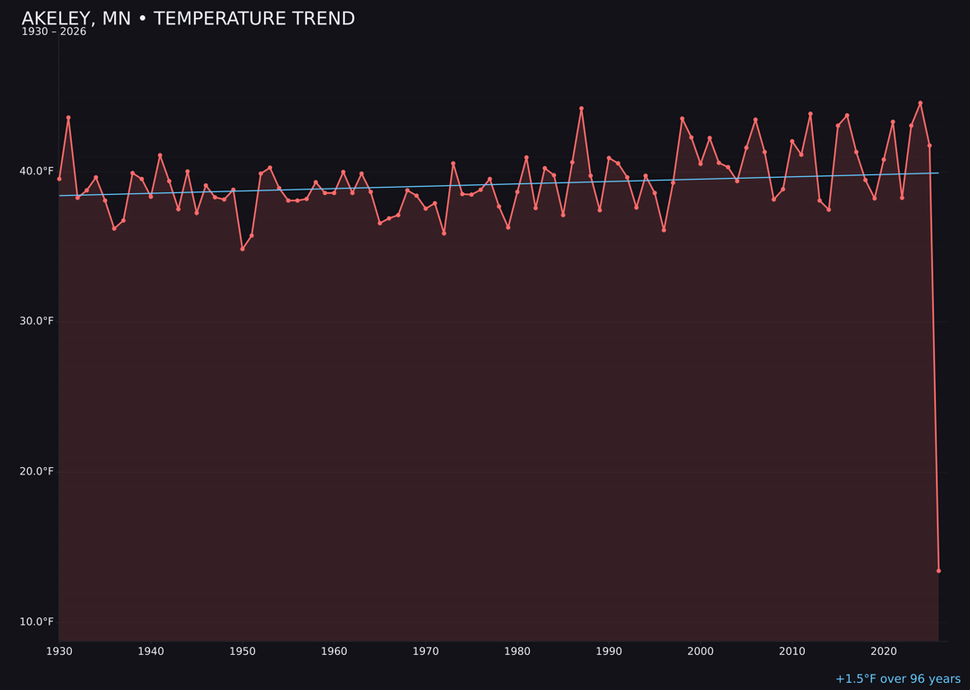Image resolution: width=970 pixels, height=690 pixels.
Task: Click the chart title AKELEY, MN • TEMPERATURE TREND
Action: pyautogui.click(x=188, y=19)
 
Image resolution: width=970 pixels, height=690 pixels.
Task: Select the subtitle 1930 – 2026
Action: pyautogui.click(x=54, y=32)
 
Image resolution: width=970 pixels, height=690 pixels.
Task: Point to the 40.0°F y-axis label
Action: pyautogui.click(x=37, y=172)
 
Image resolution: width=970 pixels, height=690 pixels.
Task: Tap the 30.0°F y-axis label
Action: pyautogui.click(x=37, y=322)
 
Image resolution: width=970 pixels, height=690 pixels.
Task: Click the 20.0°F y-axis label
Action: pyautogui.click(x=37, y=472)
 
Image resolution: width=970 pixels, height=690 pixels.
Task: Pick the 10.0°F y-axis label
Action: pyautogui.click(x=37, y=622)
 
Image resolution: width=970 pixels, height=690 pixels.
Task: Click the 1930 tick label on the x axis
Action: pyautogui.click(x=59, y=651)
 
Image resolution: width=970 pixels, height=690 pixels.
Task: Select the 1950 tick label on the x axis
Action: pyautogui.click(x=242, y=651)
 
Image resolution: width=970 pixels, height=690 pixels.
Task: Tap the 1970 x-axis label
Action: pyautogui.click(x=426, y=651)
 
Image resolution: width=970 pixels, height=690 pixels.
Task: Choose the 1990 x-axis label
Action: pyautogui.click(x=609, y=651)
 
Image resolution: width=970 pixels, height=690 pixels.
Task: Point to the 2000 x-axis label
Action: pyautogui.click(x=701, y=651)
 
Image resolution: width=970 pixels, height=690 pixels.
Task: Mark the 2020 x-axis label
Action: pyautogui.click(x=884, y=651)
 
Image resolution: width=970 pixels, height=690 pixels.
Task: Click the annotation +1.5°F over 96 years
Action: pyautogui.click(x=897, y=679)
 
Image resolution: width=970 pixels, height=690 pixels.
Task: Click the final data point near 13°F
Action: pyautogui.click(x=939, y=571)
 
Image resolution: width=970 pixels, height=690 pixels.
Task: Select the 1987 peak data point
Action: pyautogui.click(x=581, y=109)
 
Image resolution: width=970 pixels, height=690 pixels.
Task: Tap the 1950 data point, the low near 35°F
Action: pyautogui.click(x=242, y=249)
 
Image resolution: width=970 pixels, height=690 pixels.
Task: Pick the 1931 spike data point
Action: pyautogui.click(x=68, y=118)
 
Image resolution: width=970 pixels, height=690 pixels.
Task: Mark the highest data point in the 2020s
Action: pyautogui.click(x=921, y=103)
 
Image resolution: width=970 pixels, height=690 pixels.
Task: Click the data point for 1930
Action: pyautogui.click(x=59, y=179)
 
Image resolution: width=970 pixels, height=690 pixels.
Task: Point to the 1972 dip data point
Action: pyautogui.click(x=444, y=234)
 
